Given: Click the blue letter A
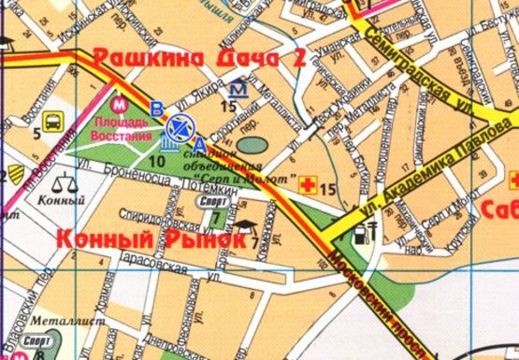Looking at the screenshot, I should point(199,143).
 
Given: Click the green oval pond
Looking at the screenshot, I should point(250,144).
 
